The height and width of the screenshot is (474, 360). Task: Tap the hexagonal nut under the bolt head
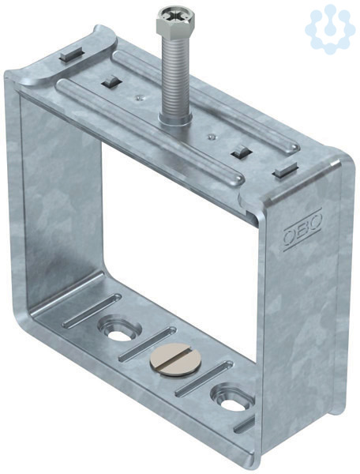tap(175, 27)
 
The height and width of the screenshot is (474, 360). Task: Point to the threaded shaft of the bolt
tap(176, 76)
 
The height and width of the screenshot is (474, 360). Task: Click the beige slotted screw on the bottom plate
tap(173, 359)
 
